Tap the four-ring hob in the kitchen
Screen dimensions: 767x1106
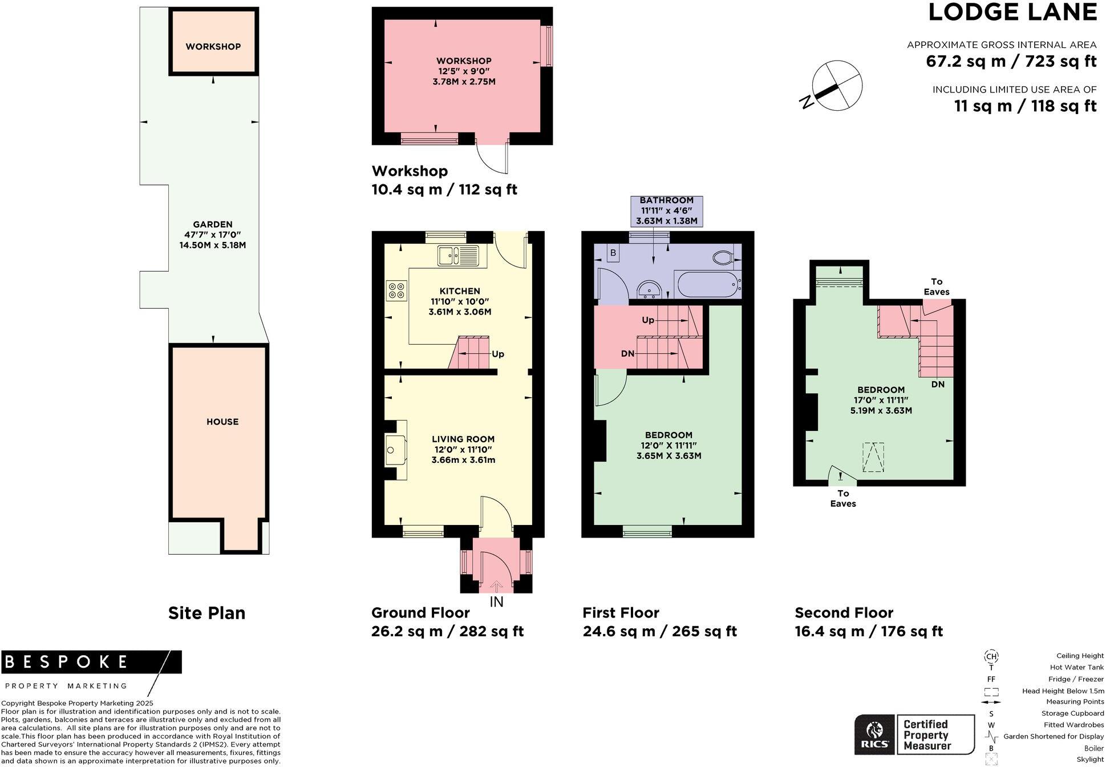tap(396, 290)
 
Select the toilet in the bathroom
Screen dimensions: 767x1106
tap(724, 257)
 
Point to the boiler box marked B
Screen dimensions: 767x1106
tap(613, 253)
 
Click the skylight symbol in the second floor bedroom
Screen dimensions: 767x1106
tap(873, 457)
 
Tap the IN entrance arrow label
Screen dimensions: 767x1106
tap(496, 602)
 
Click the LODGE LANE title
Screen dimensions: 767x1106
tap(1012, 13)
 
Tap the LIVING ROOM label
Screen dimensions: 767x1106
tap(463, 439)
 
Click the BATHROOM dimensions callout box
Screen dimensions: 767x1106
tap(666, 211)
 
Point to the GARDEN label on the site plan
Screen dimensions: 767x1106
tap(213, 224)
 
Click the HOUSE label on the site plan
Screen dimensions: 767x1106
tap(222, 422)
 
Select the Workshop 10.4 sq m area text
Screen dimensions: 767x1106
tap(444, 189)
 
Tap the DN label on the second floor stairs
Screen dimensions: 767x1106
tap(938, 384)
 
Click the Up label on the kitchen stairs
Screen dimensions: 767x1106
tap(498, 354)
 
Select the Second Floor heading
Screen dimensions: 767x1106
tap(844, 613)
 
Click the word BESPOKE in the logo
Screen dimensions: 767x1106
tap(66, 662)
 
